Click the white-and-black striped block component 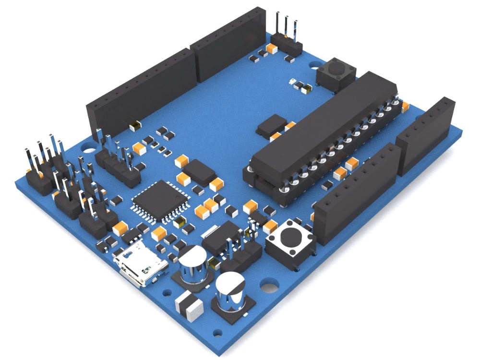pyautogui.click(x=190, y=306)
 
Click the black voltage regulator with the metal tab pyautogui.click(x=222, y=238)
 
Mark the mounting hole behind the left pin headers pyautogui.click(x=88, y=145)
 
